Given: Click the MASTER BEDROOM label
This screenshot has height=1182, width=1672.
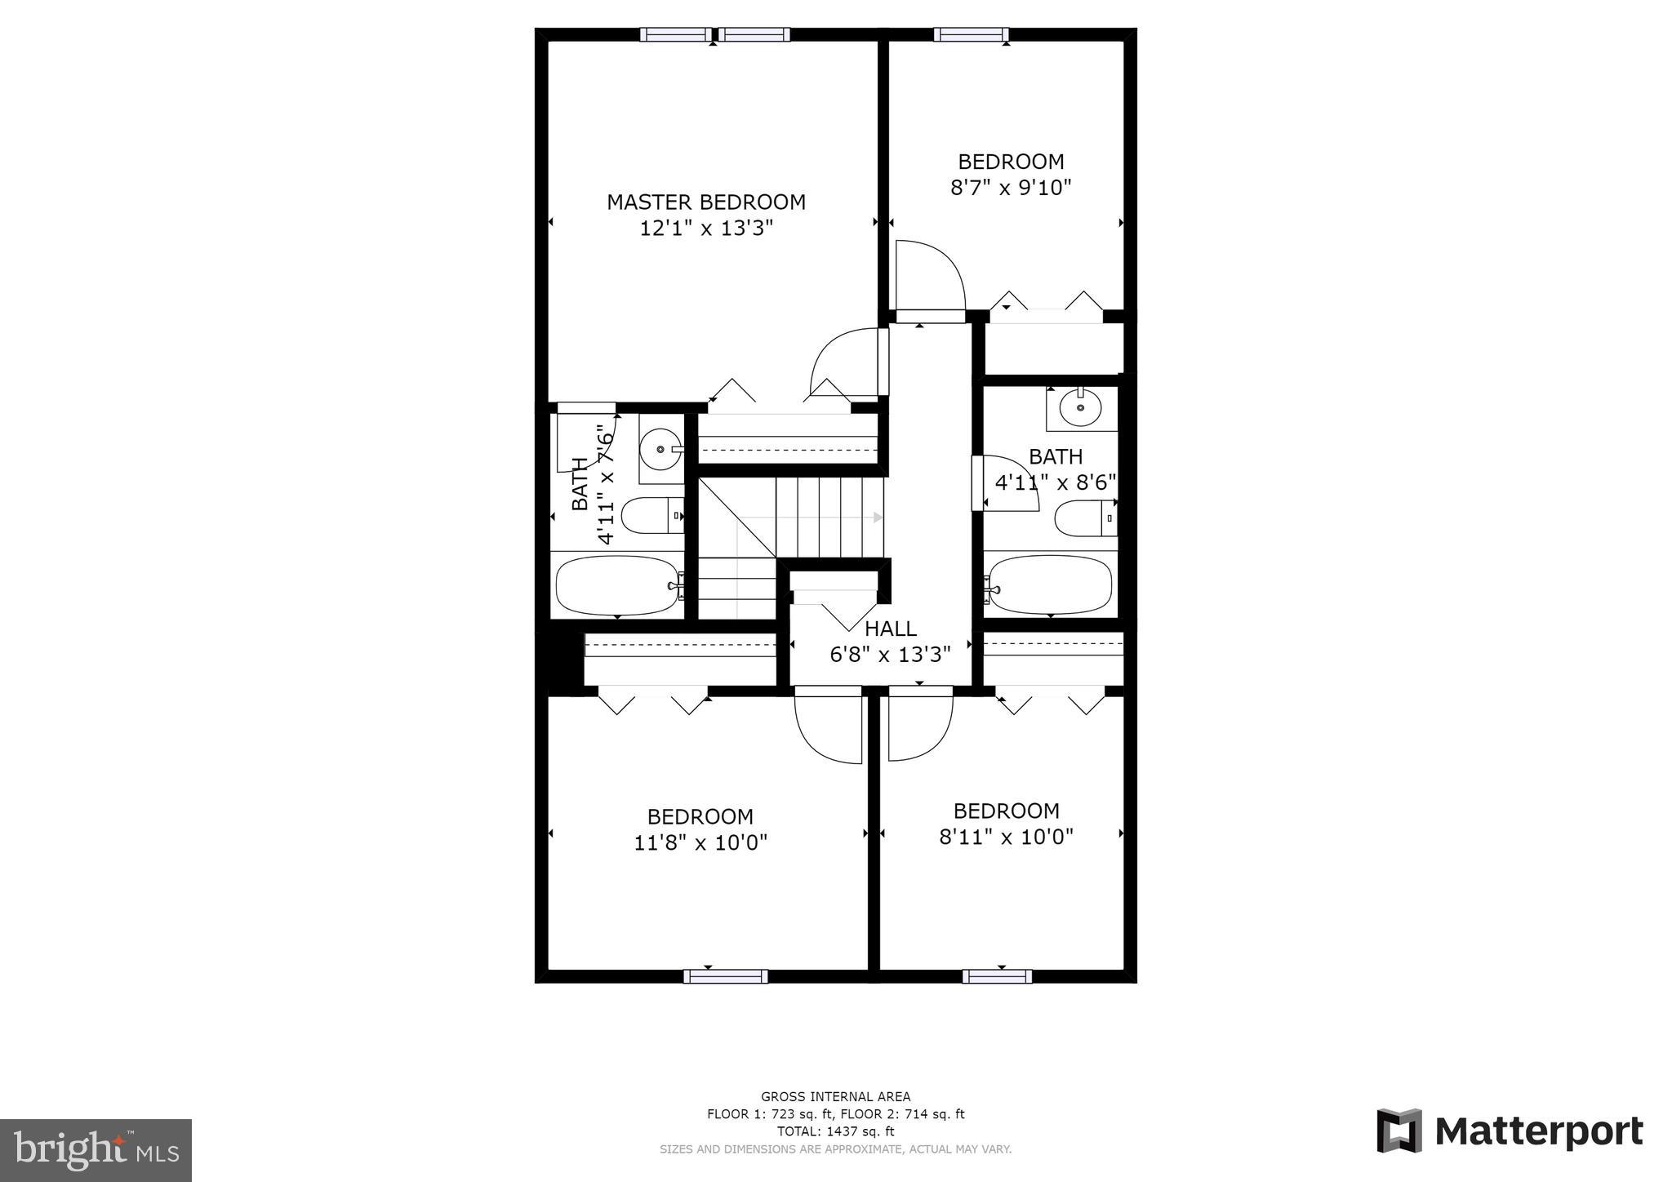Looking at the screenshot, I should [x=705, y=202].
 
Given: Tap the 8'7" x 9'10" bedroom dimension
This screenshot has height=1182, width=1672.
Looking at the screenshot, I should [x=1010, y=189].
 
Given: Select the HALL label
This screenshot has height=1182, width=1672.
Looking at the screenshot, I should [x=890, y=629].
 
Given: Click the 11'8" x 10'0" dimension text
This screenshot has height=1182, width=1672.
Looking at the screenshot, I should [x=700, y=842].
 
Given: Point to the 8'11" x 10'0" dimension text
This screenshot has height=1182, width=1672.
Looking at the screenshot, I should [x=1006, y=837].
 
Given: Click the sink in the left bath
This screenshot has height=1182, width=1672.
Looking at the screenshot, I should [x=660, y=449].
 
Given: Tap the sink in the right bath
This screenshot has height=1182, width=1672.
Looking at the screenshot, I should [x=1080, y=407].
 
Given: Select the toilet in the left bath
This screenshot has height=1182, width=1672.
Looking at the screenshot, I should [x=651, y=516].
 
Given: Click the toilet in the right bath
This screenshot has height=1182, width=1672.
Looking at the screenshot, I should [x=1084, y=518].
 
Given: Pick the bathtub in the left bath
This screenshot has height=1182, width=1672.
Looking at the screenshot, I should [x=617, y=585].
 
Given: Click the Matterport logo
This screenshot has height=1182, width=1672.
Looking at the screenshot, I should [x=1510, y=1131].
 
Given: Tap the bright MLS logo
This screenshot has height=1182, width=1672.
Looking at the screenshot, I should [x=96, y=1150].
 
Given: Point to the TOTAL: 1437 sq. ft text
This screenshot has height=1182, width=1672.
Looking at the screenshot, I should [x=835, y=1131].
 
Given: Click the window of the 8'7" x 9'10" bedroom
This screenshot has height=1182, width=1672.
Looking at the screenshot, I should [x=971, y=34].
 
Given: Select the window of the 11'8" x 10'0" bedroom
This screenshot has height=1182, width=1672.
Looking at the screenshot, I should [x=725, y=976].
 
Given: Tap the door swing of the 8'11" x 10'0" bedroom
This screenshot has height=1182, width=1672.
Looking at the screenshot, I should [x=919, y=727].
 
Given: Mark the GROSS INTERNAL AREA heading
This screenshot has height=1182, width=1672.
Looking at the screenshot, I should [x=835, y=1096].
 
